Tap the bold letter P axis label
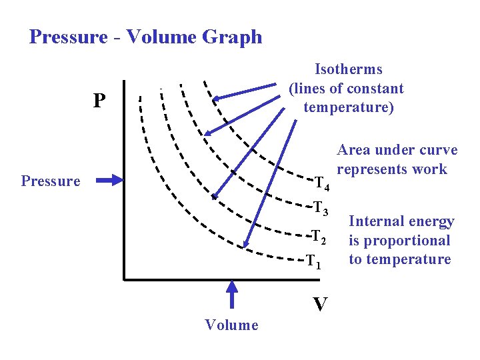click(99, 101)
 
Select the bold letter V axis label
click(320, 304)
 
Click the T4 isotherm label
click(322, 183)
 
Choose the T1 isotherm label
click(314, 261)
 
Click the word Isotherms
click(348, 69)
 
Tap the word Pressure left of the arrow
click(51, 181)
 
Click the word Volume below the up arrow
click(231, 325)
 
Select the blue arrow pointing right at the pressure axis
click(109, 179)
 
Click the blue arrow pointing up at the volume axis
click(232, 295)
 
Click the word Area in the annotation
click(353, 150)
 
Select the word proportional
click(408, 241)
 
